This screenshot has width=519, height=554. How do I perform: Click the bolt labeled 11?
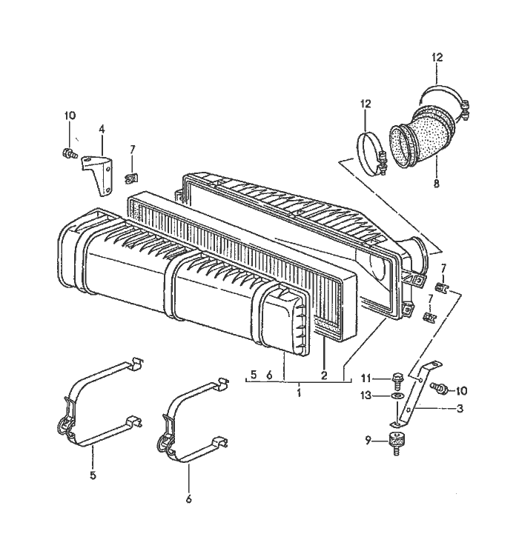394,379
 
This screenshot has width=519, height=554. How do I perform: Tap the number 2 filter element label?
324,376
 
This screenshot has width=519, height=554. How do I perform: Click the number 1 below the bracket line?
299,390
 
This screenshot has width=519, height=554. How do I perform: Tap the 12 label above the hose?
437,57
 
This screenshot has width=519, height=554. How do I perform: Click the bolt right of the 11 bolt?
440,388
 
